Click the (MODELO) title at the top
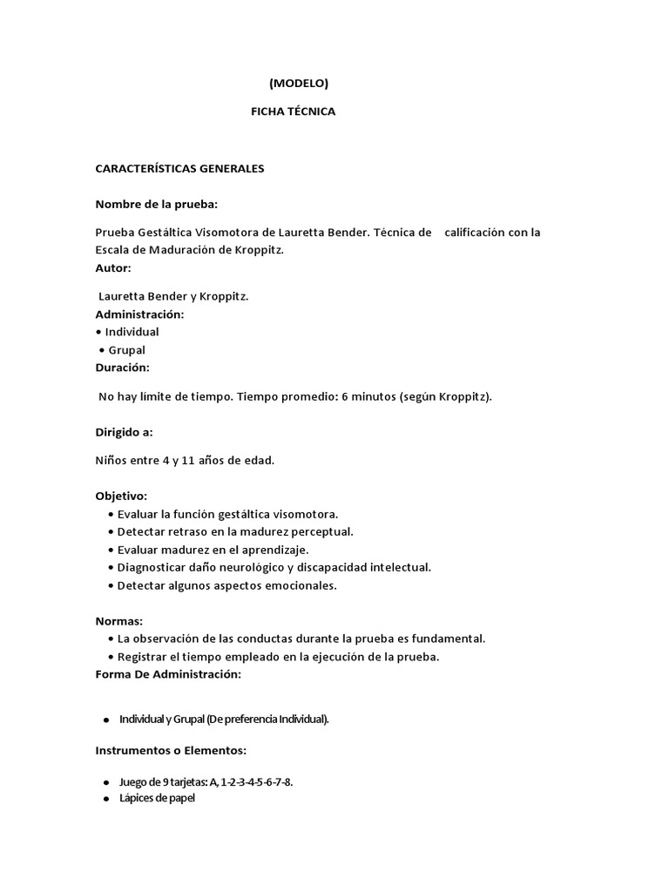point(299,84)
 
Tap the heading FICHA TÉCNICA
point(293,111)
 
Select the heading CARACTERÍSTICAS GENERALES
point(179,168)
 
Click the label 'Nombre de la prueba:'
point(156,204)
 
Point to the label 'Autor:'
point(113,267)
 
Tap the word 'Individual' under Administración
point(132,332)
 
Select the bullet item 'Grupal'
point(128,350)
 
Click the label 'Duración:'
point(122,368)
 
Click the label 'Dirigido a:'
point(124,431)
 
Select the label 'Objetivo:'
point(121,496)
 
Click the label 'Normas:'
point(118,621)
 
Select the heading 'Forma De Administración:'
point(168,674)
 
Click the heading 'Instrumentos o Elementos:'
point(171,749)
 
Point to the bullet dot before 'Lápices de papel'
point(105,798)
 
